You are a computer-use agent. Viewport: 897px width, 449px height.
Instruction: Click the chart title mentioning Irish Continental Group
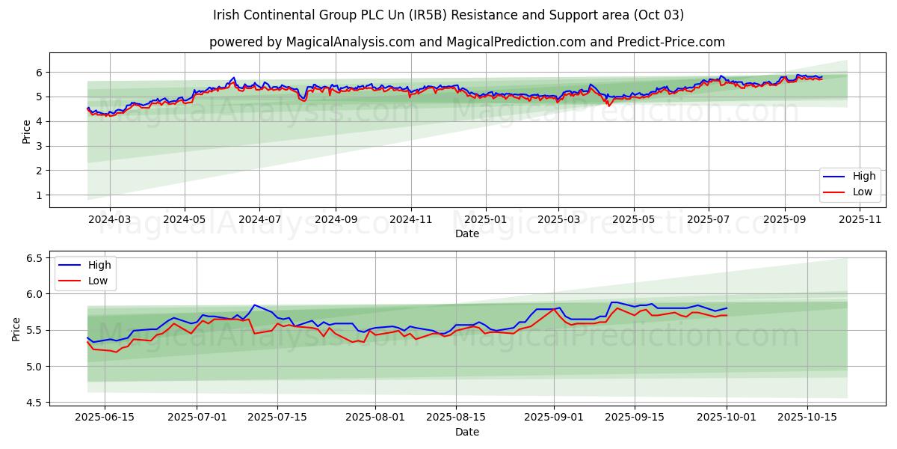click(x=448, y=15)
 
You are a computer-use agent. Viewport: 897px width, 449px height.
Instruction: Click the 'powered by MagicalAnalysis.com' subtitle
click(x=466, y=42)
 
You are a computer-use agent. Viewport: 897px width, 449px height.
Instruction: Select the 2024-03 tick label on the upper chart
click(x=110, y=219)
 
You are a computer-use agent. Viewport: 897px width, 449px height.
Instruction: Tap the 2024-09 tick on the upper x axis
click(x=335, y=219)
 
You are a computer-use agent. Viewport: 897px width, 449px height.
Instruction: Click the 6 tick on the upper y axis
click(x=40, y=73)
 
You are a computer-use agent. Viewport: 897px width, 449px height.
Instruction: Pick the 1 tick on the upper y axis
click(x=40, y=195)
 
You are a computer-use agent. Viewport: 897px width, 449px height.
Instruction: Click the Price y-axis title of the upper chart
click(x=27, y=131)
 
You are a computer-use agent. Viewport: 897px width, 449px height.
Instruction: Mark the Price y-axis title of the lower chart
click(x=16, y=329)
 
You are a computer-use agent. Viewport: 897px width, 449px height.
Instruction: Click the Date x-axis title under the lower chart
click(x=467, y=432)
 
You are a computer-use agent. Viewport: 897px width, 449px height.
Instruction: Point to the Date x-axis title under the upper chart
click(x=467, y=233)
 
